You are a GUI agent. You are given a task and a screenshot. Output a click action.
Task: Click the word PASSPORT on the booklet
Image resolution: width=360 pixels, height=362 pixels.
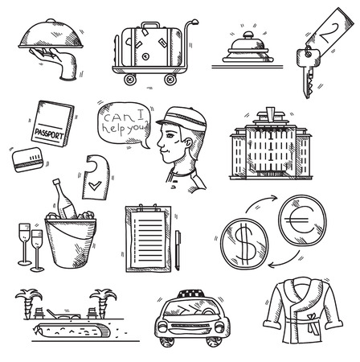[49, 134]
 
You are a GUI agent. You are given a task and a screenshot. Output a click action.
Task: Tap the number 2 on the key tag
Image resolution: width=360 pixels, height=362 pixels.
[331, 33]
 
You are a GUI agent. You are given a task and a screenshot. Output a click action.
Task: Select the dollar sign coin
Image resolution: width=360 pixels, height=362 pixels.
[244, 244]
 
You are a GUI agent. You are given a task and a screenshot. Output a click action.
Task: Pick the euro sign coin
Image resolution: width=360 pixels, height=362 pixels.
[302, 220]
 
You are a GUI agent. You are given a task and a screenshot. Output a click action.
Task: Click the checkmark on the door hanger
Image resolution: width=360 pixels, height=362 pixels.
[95, 185]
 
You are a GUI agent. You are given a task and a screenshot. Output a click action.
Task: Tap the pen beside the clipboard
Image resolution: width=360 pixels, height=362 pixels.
[178, 250]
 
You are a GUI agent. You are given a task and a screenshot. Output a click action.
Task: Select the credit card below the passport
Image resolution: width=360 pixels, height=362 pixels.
[27, 159]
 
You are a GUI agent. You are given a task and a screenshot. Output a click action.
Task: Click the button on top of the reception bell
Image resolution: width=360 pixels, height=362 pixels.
[248, 35]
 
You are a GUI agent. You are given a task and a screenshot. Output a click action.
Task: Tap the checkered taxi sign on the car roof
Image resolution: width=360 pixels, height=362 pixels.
[191, 294]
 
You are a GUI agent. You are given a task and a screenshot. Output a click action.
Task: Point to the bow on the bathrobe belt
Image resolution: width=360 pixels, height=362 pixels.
[311, 323]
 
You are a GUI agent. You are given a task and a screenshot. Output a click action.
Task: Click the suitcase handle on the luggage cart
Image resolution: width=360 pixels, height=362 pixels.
[150, 25]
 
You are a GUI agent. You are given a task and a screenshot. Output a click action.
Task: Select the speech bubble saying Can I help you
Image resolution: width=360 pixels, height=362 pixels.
[124, 125]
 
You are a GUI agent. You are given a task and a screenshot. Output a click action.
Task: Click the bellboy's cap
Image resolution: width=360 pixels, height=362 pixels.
[183, 118]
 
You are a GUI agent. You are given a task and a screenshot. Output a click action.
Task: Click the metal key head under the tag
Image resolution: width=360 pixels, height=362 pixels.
[308, 57]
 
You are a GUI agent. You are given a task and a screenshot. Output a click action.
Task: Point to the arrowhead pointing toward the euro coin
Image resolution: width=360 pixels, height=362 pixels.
[275, 198]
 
